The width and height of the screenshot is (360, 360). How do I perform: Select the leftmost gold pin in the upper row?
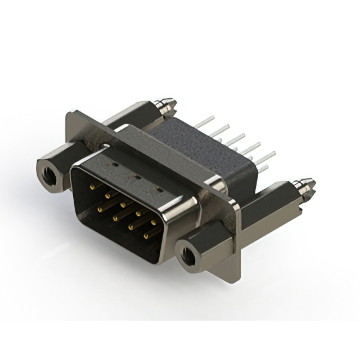click(x=92, y=184)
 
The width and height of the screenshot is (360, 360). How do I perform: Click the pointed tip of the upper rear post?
click(x=173, y=103)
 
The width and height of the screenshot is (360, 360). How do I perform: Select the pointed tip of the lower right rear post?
click(x=313, y=183)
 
